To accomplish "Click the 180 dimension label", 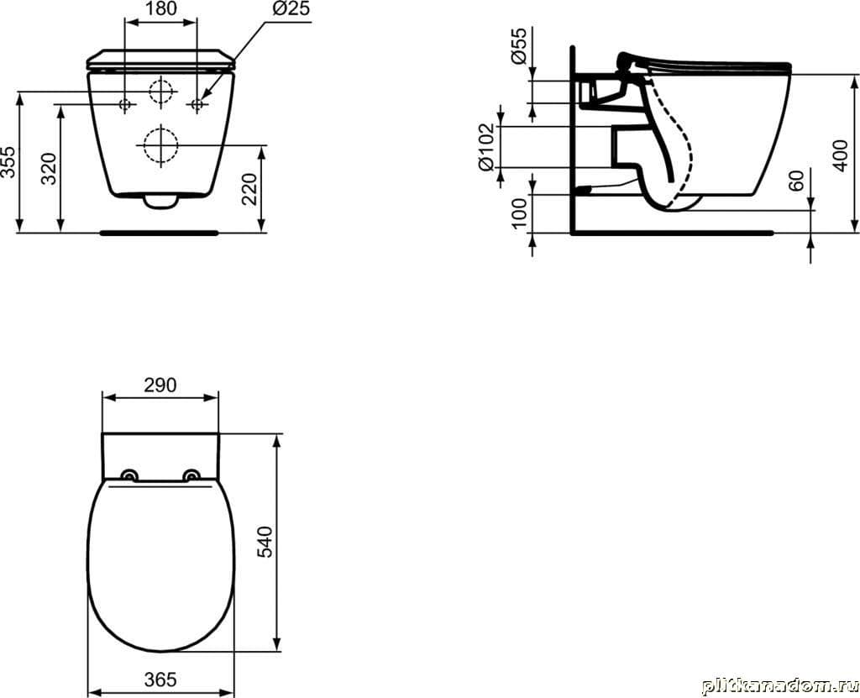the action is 161,8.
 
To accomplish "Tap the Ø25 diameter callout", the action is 291,8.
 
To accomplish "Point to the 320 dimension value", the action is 50,169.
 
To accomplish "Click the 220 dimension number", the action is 249,188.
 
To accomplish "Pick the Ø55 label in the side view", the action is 518,45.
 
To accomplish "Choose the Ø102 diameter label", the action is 486,148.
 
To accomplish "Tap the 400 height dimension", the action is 840,155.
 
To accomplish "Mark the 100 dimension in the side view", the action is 518,213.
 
